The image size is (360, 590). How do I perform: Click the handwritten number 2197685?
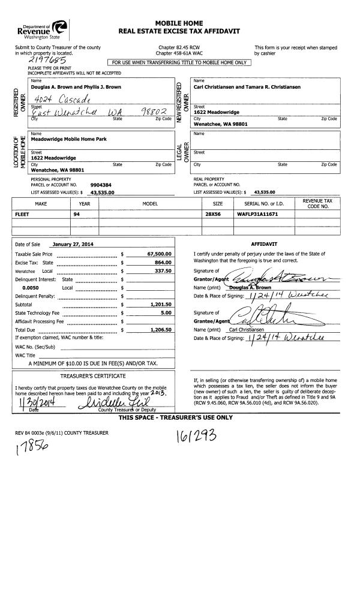tap(43, 61)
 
